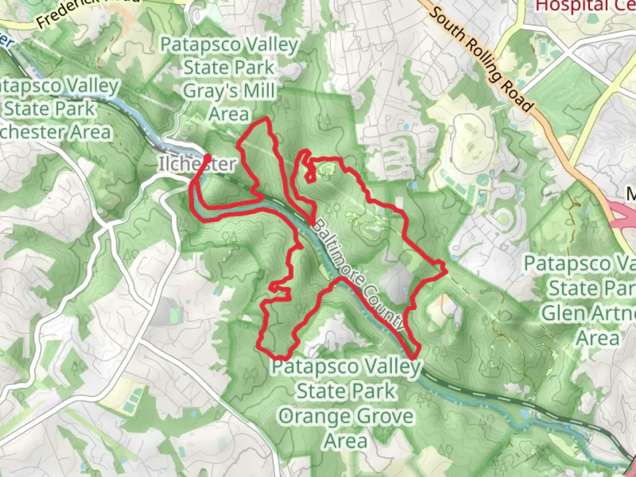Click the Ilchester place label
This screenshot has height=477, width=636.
[197, 164]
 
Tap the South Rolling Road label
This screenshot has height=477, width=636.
[481, 58]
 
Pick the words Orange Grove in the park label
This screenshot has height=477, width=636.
[346, 416]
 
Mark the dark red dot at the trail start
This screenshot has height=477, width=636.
[207, 157]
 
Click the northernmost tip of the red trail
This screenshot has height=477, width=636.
[266, 118]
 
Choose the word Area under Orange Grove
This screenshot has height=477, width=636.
[346, 441]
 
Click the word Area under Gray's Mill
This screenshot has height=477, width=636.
[229, 114]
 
